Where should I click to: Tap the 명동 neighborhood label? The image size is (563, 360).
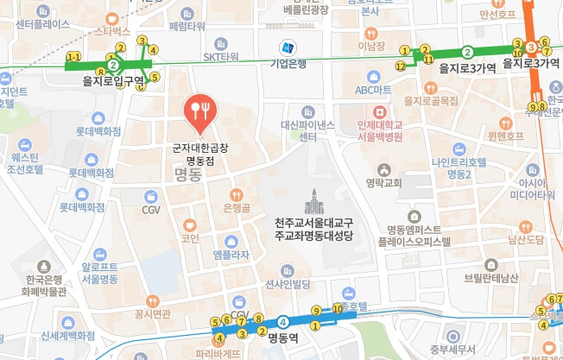[x=187, y=174]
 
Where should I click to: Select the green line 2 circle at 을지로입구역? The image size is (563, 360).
[x=112, y=64]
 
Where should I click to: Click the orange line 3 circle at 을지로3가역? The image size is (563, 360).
[x=533, y=46]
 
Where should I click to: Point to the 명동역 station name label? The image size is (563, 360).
[x=282, y=338]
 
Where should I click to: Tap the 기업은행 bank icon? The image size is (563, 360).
[x=285, y=47]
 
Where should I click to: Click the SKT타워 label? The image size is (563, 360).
[x=220, y=57]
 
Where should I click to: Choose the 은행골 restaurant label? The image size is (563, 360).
[x=237, y=207]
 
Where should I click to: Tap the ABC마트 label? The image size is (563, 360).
[x=373, y=90]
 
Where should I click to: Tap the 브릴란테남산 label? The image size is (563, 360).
[x=490, y=277]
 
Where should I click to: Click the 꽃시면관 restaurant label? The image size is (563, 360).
[x=153, y=314]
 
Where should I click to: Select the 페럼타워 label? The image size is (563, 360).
[x=187, y=26]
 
